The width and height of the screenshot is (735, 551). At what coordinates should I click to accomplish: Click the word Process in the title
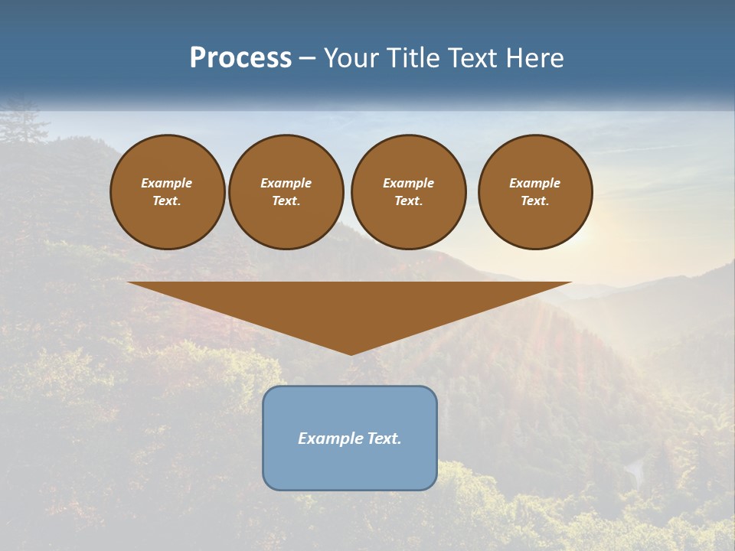click(x=240, y=58)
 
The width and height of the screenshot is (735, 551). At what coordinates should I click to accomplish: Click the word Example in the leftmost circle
click(x=167, y=183)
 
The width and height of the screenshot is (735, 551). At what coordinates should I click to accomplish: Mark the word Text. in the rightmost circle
click(x=534, y=201)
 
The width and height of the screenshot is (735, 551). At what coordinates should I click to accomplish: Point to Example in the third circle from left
click(x=408, y=183)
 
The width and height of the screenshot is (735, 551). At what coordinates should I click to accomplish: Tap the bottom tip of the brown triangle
click(x=351, y=353)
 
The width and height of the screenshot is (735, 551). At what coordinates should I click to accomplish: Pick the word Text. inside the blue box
click(x=384, y=439)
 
